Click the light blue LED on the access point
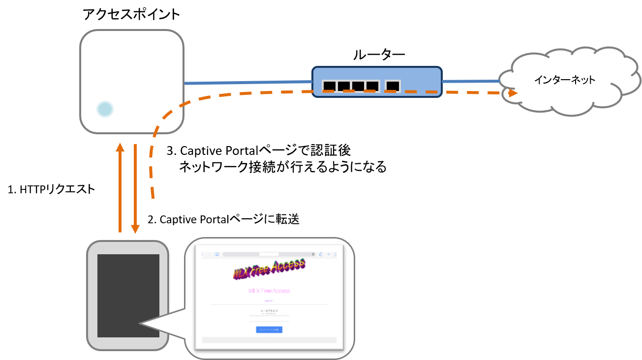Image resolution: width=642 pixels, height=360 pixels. pos(105,109)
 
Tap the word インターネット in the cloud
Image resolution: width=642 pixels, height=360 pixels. pos(565,80)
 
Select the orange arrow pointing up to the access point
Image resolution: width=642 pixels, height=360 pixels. pos(120,187)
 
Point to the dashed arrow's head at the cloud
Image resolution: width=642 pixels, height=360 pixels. pos(513,92)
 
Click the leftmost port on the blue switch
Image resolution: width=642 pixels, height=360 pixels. pos(329,86)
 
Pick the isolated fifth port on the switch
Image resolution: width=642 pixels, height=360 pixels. pos(393,86)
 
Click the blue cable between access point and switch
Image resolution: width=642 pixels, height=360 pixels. pos(246,83)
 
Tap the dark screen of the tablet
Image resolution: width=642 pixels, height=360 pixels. pos(128,295)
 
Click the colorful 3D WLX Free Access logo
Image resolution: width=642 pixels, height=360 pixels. pos(269,269)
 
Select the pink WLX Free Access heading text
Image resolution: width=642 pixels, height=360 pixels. pos(269,291)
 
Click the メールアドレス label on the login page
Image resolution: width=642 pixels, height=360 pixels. pos(269,311)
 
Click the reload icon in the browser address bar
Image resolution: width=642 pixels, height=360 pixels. pos(313,254)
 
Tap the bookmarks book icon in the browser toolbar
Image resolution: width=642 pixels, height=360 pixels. pos(216,254)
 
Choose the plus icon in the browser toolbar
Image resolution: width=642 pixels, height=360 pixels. pos(328,254)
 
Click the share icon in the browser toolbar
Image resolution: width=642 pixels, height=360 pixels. pos(321,254)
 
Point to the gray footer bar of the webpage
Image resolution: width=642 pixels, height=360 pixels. pos(269,340)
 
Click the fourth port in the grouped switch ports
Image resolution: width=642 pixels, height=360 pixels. pos(372,86)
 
